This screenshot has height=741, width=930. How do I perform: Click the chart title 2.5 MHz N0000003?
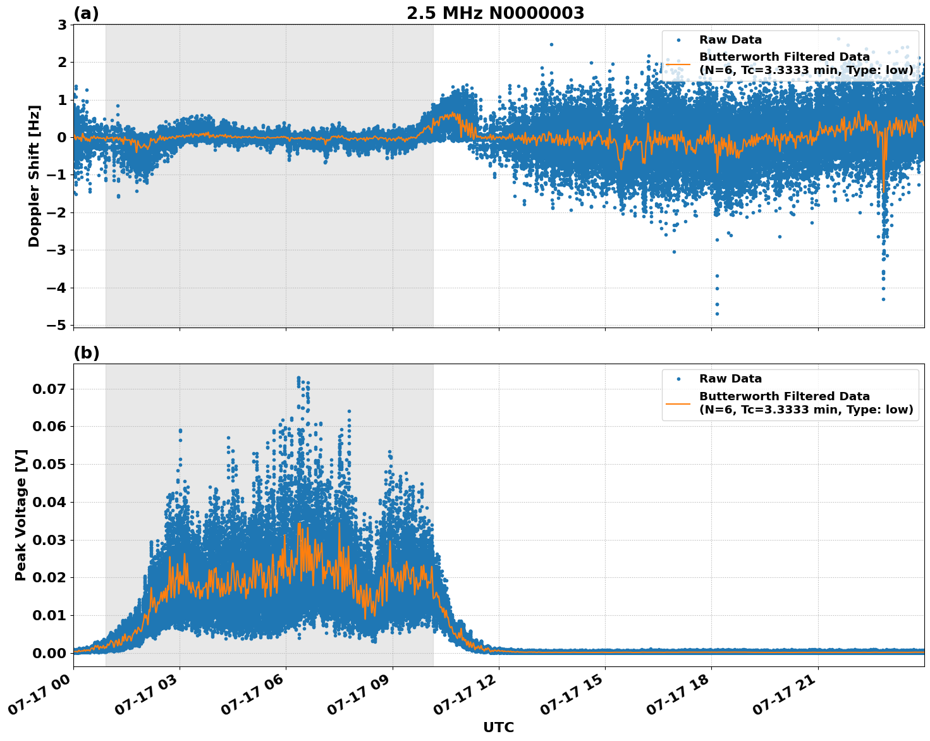point(495,13)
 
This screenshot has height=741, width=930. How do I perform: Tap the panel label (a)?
point(87,13)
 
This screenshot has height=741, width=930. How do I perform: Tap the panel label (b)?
point(87,353)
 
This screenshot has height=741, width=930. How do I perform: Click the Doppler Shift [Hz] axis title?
point(34,176)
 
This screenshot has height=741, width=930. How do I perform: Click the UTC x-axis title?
point(498,727)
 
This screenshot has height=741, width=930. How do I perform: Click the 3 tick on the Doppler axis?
point(62,25)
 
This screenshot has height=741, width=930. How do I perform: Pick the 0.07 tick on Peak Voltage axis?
point(48,389)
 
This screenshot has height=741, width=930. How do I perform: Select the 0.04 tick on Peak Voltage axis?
point(48,502)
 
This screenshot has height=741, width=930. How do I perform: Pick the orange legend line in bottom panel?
point(678,403)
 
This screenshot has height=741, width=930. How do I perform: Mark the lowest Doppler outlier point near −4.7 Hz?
point(716,314)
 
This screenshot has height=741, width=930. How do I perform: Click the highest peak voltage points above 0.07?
point(299,379)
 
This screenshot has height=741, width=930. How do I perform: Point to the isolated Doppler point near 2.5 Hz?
point(551,44)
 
